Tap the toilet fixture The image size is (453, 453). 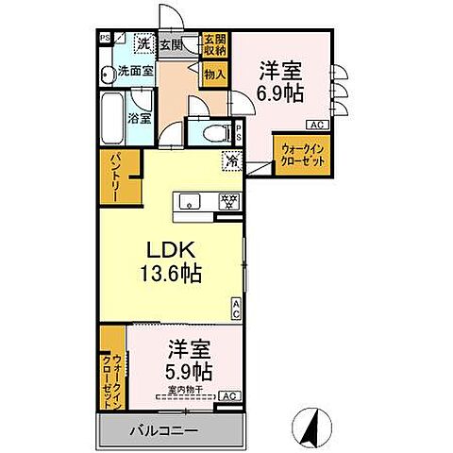pyautogui.click(x=210, y=133)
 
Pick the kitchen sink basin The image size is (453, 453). pyautogui.click(x=189, y=201)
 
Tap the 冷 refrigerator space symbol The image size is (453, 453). pyautogui.click(x=230, y=161)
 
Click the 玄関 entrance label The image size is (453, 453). pyautogui.click(x=171, y=43)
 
